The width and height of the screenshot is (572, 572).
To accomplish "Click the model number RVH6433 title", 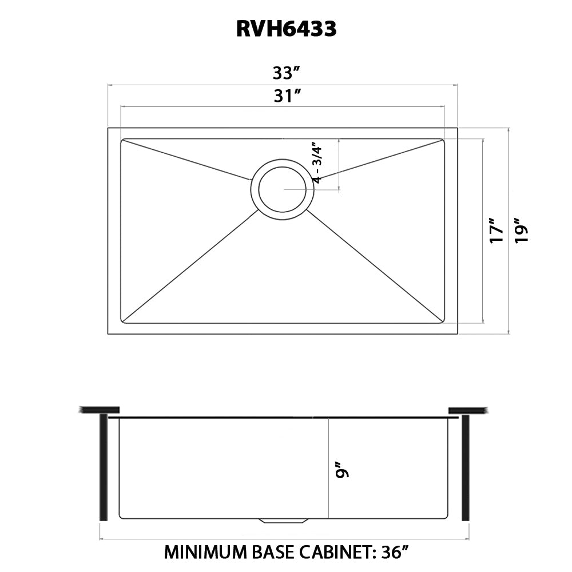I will pyautogui.click(x=286, y=29).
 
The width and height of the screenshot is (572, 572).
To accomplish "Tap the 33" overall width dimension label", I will pyautogui.click(x=287, y=73).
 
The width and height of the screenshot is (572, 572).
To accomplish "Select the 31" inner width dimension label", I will pyautogui.click(x=287, y=96).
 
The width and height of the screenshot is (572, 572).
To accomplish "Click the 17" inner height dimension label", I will pyautogui.click(x=496, y=231).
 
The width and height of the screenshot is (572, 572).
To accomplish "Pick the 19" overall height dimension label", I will pyautogui.click(x=521, y=231).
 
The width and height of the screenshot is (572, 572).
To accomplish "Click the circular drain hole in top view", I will pyautogui.click(x=282, y=189).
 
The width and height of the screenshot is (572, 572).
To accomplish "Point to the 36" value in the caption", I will pyautogui.click(x=395, y=553).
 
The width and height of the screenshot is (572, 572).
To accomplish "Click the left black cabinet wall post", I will pyautogui.click(x=104, y=467).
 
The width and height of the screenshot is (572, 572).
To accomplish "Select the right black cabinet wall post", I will pyautogui.click(x=465, y=467).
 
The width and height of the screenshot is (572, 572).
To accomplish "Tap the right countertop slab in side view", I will pyautogui.click(x=468, y=410).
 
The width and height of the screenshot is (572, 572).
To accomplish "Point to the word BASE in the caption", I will pyautogui.click(x=274, y=553).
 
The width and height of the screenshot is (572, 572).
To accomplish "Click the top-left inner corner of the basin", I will pyautogui.click(x=122, y=140).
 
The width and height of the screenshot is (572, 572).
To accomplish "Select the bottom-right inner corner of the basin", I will pyautogui.click(x=442, y=321).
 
